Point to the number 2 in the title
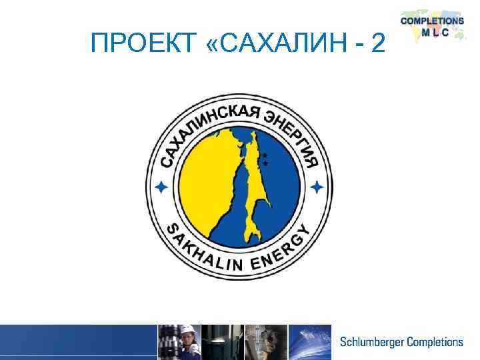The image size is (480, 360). tap(377, 45)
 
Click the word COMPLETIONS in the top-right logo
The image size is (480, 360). tap(431, 21)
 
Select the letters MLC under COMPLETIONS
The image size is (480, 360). tap(431, 32)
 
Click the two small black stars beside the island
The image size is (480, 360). tap(265, 158)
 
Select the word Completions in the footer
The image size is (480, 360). tap(433, 342)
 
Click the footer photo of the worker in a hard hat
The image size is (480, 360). tap(179, 342)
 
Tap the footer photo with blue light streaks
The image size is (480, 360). tap(309, 342)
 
